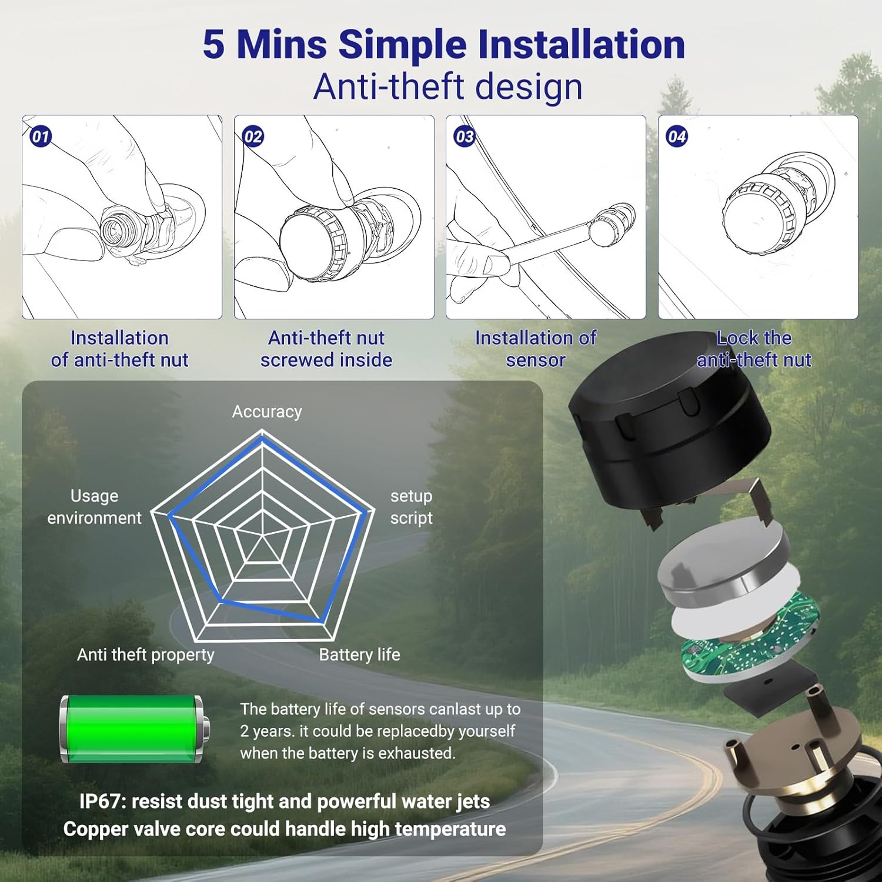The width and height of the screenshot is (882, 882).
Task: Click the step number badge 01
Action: pyautogui.click(x=41, y=137)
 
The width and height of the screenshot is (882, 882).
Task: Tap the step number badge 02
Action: pyautogui.click(x=253, y=137)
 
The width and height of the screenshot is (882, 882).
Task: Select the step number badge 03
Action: pyautogui.click(x=465, y=137)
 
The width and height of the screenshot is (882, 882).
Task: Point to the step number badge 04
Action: pyautogui.click(x=677, y=137)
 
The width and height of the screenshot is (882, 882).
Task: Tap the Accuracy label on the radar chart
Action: pyautogui.click(x=267, y=412)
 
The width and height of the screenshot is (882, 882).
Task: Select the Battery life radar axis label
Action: pyautogui.click(x=359, y=654)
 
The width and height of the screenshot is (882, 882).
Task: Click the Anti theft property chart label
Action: pyautogui.click(x=146, y=654)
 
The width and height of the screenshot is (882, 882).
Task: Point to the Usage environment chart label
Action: pyautogui.click(x=94, y=507)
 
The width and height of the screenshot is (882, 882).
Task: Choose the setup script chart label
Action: pyautogui.click(x=411, y=507)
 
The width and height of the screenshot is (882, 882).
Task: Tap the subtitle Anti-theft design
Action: pyautogui.click(x=447, y=87)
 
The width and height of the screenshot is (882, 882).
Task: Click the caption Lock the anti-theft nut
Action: pyautogui.click(x=754, y=349)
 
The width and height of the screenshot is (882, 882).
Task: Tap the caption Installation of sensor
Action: pyautogui.click(x=536, y=349)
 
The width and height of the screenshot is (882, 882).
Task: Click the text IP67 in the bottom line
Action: pyautogui.click(x=100, y=801)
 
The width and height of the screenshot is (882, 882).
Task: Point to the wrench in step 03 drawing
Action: pyautogui.click(x=547, y=241)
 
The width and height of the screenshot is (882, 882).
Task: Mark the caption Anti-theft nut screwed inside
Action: pyautogui.click(x=326, y=349)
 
